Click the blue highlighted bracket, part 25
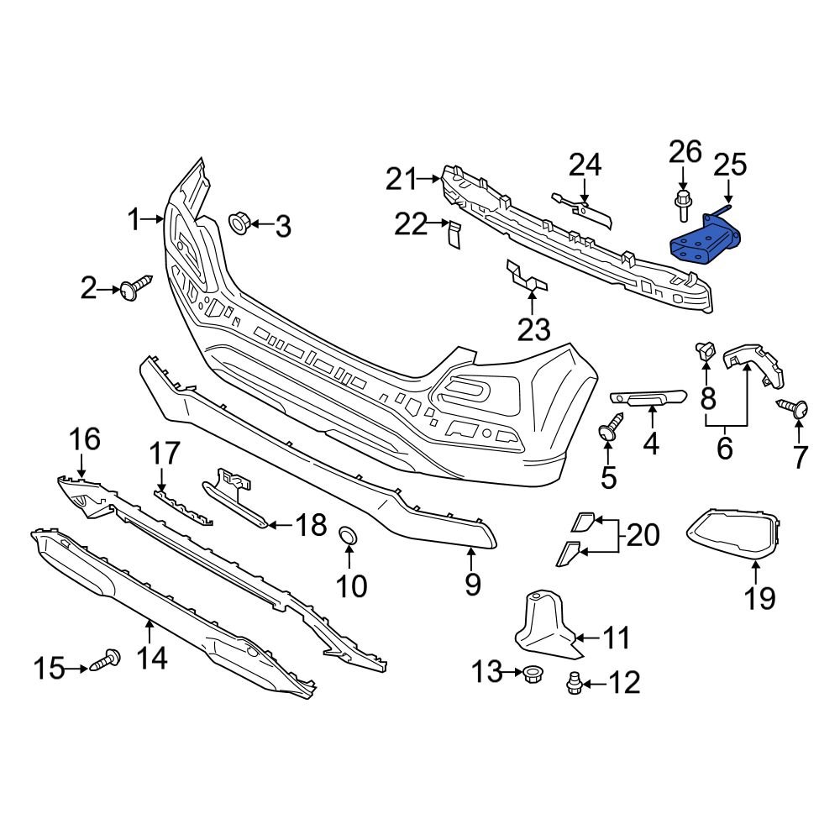(704, 241)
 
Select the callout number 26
(685, 152)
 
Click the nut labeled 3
(239, 223)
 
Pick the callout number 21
(402, 179)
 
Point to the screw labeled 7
(795, 408)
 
